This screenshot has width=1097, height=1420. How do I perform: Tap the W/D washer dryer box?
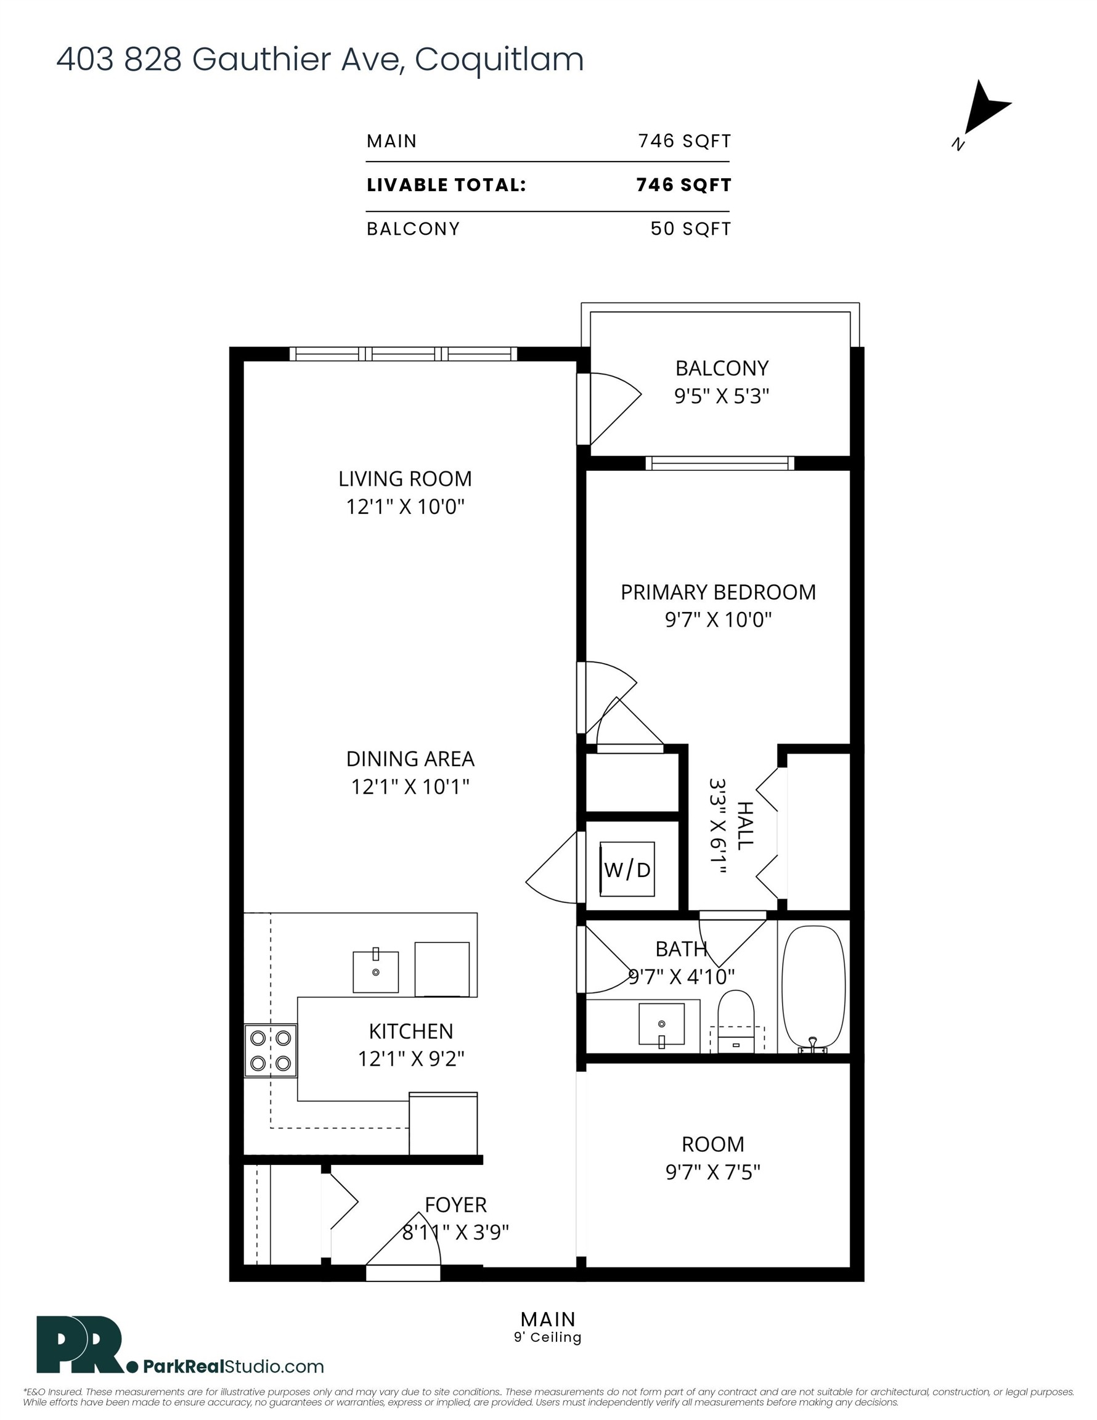pyautogui.click(x=627, y=869)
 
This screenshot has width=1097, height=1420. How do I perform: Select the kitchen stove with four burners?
pyautogui.click(x=271, y=1051)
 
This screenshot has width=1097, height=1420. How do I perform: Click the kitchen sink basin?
pyautogui.click(x=375, y=972)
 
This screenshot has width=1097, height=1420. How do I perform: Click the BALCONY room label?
pyautogui.click(x=722, y=369)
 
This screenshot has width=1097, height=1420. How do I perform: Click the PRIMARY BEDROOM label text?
pyautogui.click(x=718, y=592)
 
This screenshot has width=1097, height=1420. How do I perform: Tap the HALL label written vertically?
pyautogui.click(x=745, y=826)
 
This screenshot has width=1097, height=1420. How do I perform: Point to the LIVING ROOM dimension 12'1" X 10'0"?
pyautogui.click(x=405, y=507)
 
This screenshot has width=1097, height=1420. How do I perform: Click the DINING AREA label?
pyautogui.click(x=410, y=759)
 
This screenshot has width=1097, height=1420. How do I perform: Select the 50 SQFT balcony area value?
pyautogui.click(x=691, y=229)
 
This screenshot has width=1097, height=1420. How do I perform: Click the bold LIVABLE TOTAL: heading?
pyautogui.click(x=446, y=186)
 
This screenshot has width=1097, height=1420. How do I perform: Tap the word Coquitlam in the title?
pyautogui.click(x=499, y=60)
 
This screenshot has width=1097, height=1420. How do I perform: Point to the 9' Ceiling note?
pyautogui.click(x=547, y=1337)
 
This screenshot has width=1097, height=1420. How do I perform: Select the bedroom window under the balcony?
pyautogui.click(x=720, y=463)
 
